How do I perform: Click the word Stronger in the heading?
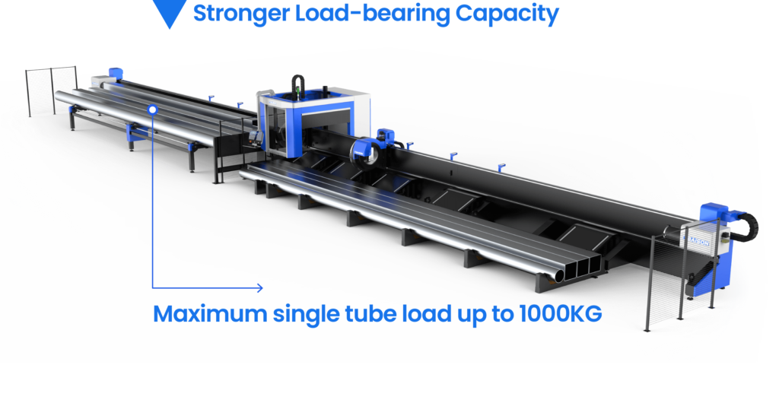241,14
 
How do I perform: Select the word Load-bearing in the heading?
373,14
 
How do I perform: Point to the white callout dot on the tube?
153,109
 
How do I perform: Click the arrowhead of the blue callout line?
259,287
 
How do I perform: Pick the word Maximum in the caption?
210,314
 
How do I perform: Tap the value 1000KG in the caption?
561,314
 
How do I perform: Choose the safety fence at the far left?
52,92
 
